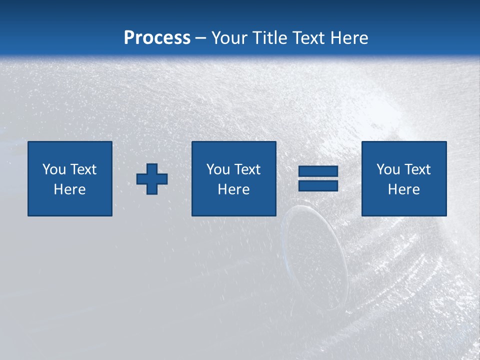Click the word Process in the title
[157, 38]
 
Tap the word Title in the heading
[270, 38]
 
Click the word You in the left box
[53, 169]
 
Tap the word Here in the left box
[70, 189]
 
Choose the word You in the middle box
[217, 169]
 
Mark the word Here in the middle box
[234, 189]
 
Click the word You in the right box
[387, 169]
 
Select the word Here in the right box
[404, 189]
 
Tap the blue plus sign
[152, 179]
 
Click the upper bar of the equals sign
[318, 171]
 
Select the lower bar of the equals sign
[318, 185]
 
